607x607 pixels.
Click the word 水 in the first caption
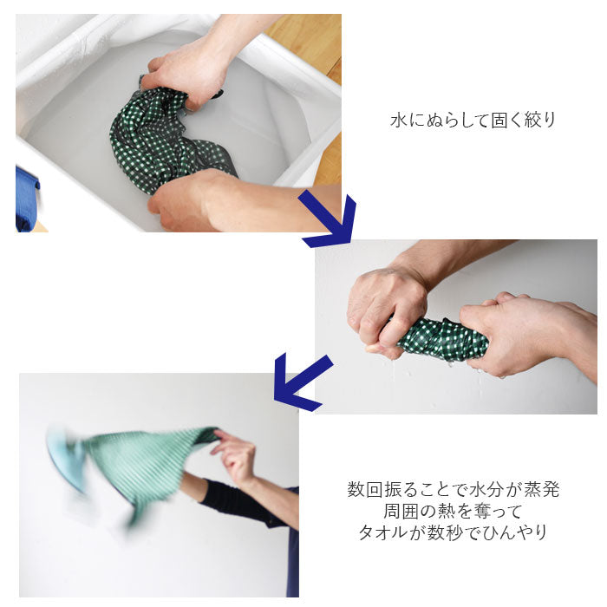(399, 120)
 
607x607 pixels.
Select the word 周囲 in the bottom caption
(401, 511)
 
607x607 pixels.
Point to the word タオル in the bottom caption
(383, 532)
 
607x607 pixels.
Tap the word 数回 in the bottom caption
(365, 490)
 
